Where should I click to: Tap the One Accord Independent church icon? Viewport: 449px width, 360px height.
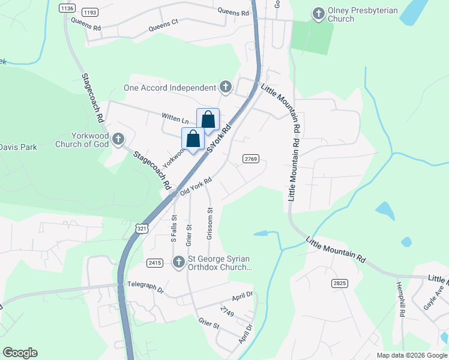(226, 88)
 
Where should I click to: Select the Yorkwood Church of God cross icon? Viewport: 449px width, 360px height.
(118, 140)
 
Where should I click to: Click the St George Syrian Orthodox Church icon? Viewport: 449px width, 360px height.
(178, 262)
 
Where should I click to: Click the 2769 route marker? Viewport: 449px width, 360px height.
(251, 158)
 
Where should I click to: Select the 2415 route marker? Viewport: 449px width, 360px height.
(155, 263)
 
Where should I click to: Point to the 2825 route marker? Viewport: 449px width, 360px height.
(339, 283)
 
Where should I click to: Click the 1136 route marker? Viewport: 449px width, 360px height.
(67, 8)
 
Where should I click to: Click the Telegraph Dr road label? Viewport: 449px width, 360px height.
(144, 289)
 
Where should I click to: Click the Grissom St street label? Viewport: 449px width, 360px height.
(210, 224)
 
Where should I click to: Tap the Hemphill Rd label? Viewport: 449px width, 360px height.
(400, 299)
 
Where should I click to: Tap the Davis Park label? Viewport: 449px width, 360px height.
(18, 147)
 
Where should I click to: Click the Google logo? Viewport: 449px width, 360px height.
(20, 353)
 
